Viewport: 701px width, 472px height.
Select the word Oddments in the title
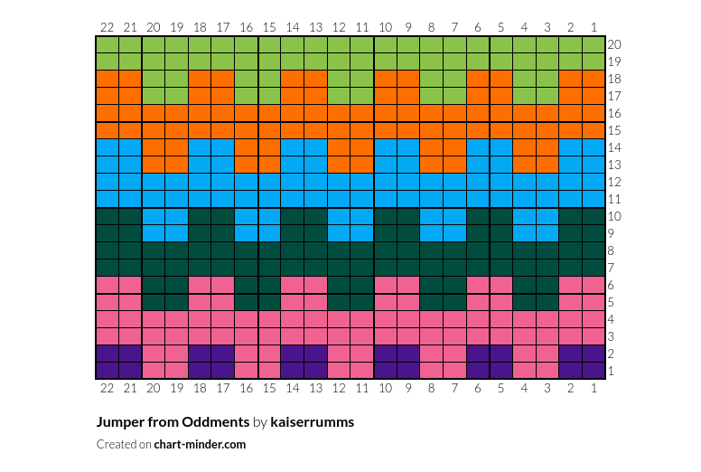(x=216, y=422)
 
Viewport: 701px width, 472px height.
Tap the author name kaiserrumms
(x=312, y=422)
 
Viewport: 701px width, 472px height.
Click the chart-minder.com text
(x=200, y=444)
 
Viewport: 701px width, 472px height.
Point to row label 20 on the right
(x=614, y=44)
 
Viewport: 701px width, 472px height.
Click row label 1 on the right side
(x=612, y=371)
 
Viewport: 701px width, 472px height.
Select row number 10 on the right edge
(x=614, y=216)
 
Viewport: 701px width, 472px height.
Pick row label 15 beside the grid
(x=614, y=130)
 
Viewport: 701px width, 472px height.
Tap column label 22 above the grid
(x=107, y=27)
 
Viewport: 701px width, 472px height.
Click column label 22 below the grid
(x=107, y=388)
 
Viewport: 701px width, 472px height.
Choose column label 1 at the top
(x=594, y=27)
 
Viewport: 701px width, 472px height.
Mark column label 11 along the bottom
(x=362, y=388)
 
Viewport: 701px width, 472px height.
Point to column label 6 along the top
(x=478, y=27)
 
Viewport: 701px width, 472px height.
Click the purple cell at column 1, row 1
(x=594, y=370)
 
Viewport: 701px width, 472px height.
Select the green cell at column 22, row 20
(x=107, y=44)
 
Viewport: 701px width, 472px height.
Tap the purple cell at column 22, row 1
(x=107, y=370)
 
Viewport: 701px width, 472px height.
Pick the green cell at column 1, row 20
(x=594, y=44)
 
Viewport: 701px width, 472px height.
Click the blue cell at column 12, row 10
(x=339, y=216)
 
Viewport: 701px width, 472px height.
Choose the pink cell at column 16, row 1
(x=246, y=370)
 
